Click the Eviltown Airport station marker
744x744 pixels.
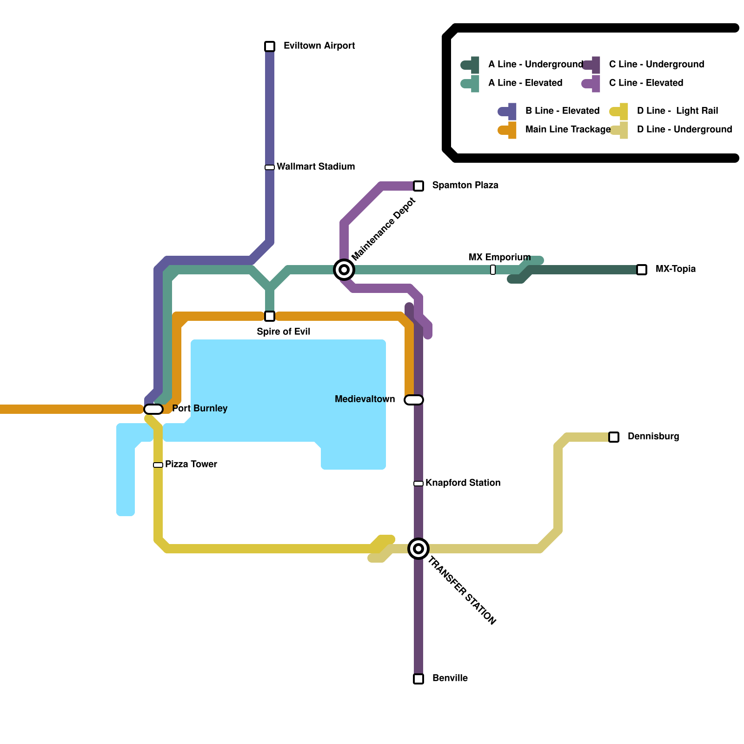point(270,46)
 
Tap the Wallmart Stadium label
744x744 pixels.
point(316,166)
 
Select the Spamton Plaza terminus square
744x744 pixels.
point(418,186)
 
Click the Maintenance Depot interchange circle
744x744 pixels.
point(344,270)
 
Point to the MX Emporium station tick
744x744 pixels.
point(493,270)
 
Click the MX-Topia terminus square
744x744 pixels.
point(642,270)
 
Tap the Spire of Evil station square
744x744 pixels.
point(270,316)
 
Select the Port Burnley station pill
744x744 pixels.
point(153,409)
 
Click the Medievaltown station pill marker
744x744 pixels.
point(414,400)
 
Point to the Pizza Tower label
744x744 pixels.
point(191,464)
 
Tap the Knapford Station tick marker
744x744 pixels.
point(418,484)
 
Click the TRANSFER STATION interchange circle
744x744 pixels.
point(418,549)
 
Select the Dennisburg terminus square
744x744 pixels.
point(614,437)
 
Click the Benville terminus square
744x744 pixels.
point(418,679)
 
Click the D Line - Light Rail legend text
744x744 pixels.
point(678,111)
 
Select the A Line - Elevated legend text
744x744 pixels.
point(525,83)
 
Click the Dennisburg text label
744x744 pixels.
point(653,436)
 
